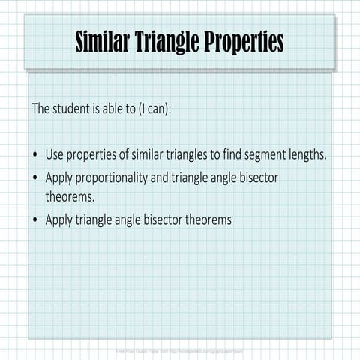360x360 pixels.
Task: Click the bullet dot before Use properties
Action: coord(36,156)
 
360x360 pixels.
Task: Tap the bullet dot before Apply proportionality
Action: coord(36,178)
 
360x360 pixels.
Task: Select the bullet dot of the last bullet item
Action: coord(36,220)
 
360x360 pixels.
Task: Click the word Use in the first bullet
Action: coord(55,155)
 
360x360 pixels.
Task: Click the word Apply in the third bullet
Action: coord(59,220)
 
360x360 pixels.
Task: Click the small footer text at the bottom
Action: coord(179,350)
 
